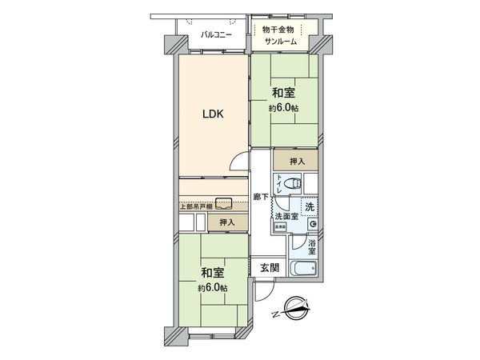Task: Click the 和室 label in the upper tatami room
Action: point(283,92)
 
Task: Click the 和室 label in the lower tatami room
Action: point(213,272)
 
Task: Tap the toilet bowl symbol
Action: point(294,184)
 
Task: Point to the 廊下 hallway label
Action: point(261,197)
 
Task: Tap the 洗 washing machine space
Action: point(309,208)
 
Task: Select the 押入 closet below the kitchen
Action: point(226,222)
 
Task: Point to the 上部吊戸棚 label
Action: point(195,207)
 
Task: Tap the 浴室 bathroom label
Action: point(312,246)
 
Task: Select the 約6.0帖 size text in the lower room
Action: point(213,287)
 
